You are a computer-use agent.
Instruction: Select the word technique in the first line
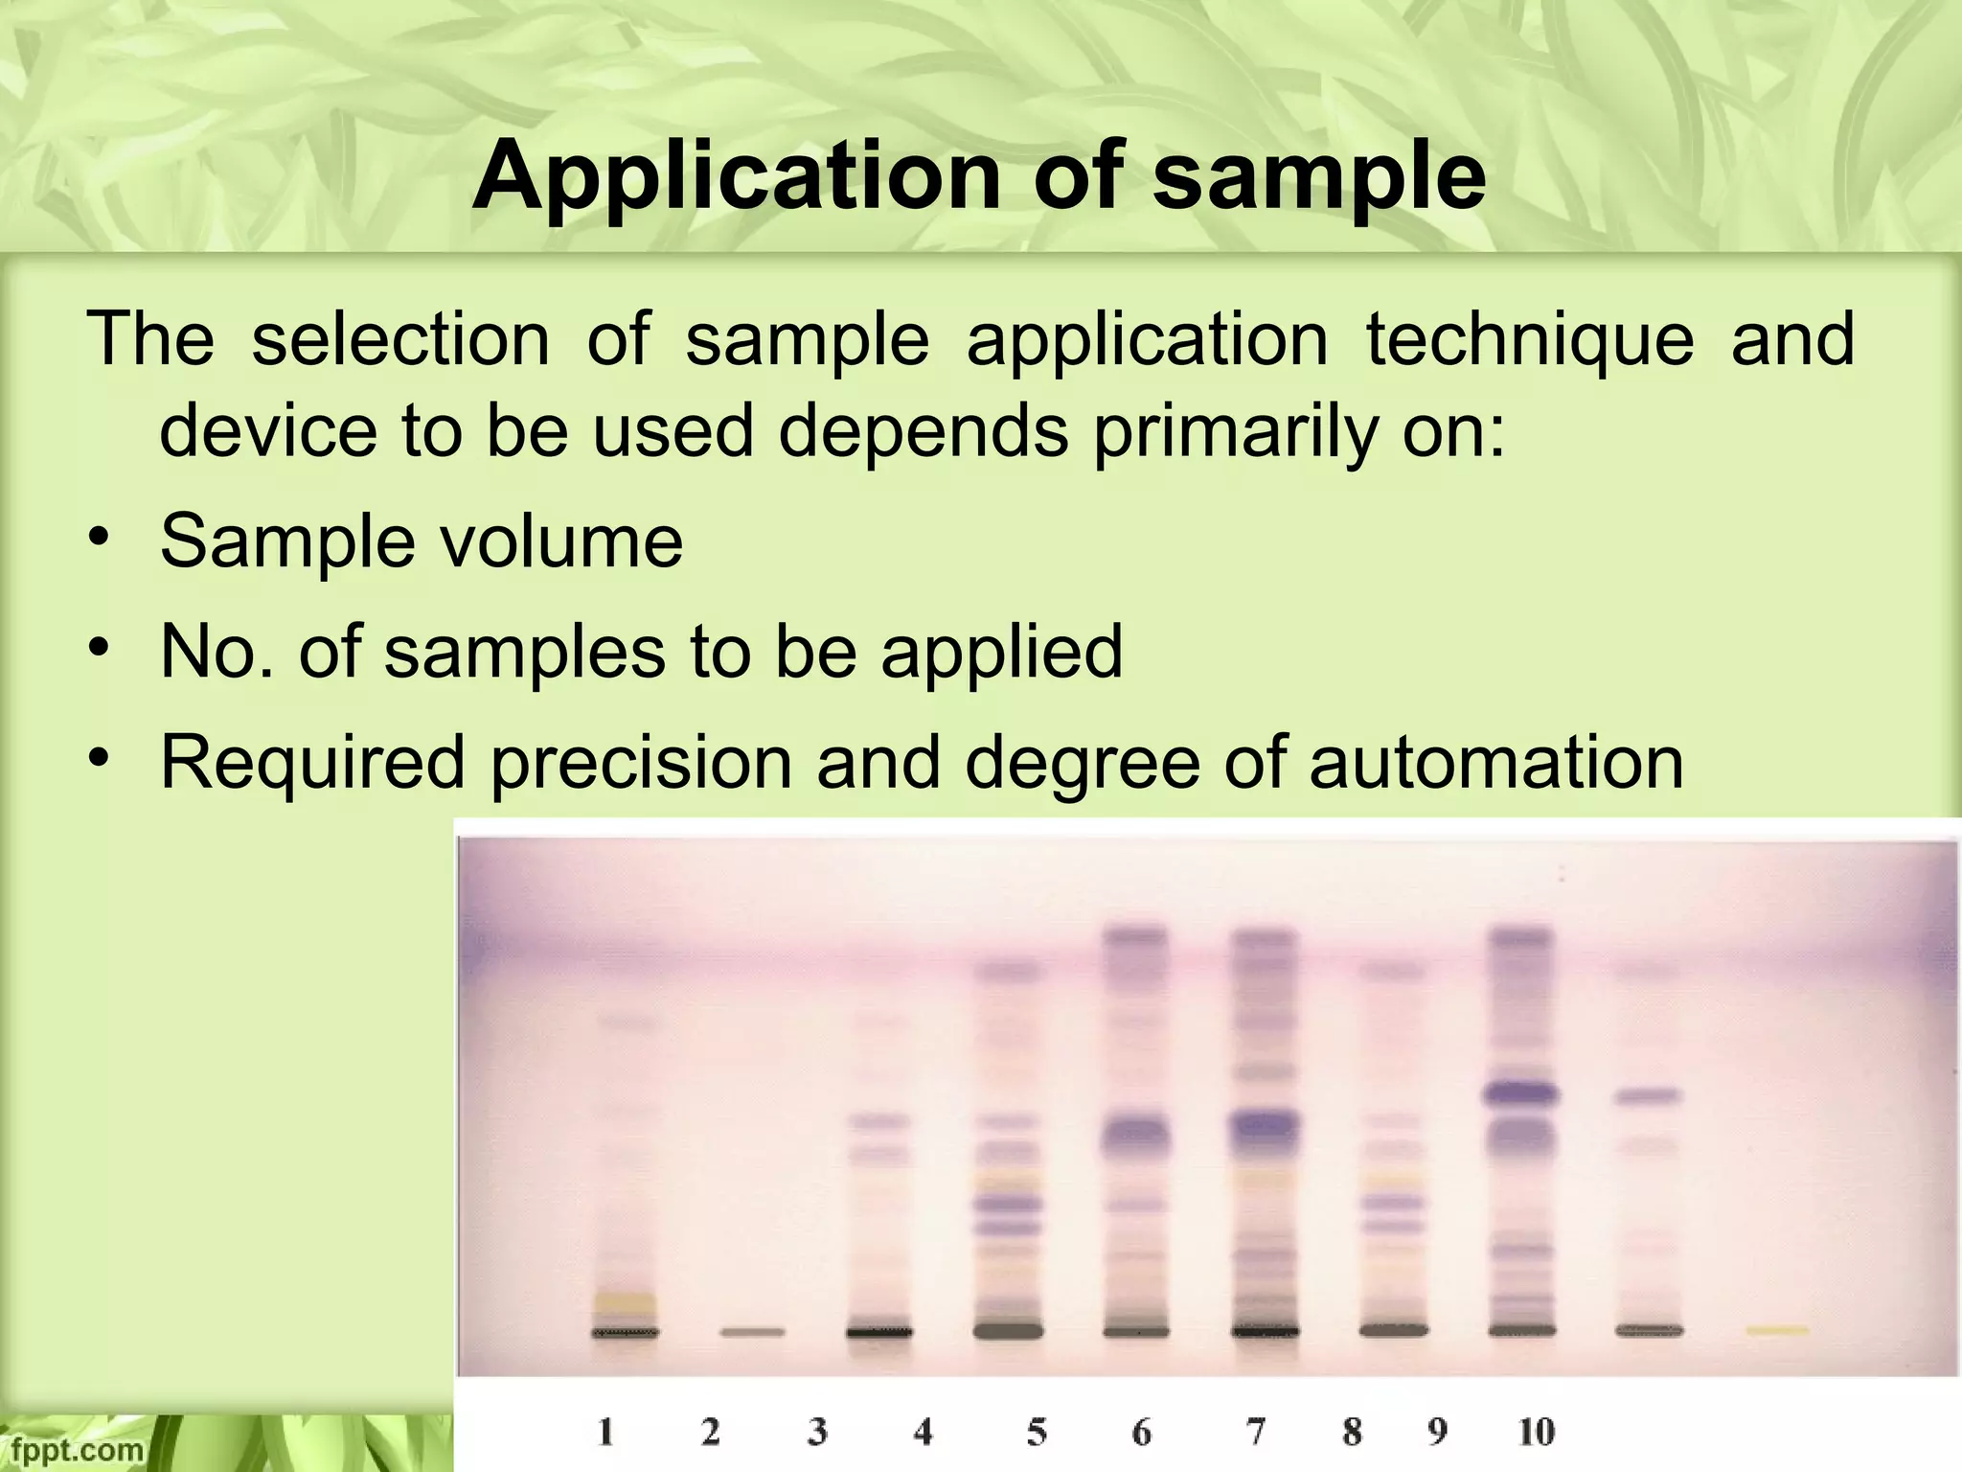click(x=1529, y=339)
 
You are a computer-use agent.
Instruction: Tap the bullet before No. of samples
click(x=97, y=650)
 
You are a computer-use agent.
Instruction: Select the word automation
click(x=1495, y=762)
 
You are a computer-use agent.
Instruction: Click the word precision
click(x=641, y=762)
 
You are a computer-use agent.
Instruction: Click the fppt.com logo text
click(x=72, y=1449)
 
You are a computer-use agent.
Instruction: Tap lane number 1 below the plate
click(x=605, y=1432)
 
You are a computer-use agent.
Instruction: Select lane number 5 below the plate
click(x=1037, y=1432)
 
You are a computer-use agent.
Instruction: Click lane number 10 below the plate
click(x=1536, y=1432)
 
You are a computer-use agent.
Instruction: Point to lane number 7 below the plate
click(x=1256, y=1432)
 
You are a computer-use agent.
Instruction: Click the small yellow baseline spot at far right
click(x=1777, y=1330)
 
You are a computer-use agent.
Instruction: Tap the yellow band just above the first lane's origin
click(x=625, y=1301)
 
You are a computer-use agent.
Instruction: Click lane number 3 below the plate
click(x=817, y=1432)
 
